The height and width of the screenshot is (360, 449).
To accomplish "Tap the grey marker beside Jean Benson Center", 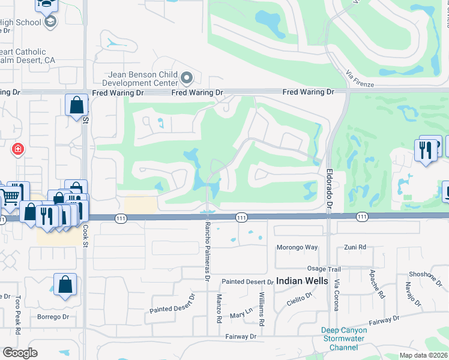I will pos(187,78).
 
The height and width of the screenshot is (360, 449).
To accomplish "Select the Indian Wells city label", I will pos(302,281).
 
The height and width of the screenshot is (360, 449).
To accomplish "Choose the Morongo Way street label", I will pos(297,247).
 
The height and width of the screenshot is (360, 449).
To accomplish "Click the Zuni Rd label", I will pos(355,247).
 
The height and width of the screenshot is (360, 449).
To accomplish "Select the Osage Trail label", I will pos(324,269).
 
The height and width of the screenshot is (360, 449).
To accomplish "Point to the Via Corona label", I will pos(336,295).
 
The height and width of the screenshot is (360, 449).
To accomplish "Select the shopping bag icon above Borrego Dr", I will pos(65,285).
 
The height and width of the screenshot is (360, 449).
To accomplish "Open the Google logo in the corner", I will pos(20,353).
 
